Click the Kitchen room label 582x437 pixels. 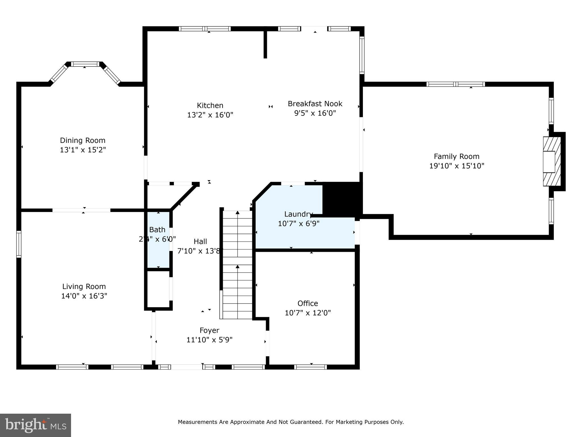[x=210, y=106]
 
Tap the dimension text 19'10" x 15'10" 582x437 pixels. [x=456, y=166]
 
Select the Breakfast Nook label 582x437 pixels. [x=315, y=104]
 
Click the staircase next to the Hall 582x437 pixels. [x=237, y=265]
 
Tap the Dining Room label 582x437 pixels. [x=82, y=140]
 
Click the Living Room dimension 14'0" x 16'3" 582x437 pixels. [x=84, y=296]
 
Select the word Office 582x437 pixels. [x=307, y=303]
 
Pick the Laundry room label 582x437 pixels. [x=298, y=214]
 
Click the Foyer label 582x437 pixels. [x=209, y=330]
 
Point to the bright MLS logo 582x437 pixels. [x=36, y=425]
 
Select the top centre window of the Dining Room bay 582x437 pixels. [x=85, y=64]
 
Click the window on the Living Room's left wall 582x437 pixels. [x=19, y=244]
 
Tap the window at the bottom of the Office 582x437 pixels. [x=310, y=367]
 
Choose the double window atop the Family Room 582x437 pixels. [x=456, y=84]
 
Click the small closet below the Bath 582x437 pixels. [x=158, y=289]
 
